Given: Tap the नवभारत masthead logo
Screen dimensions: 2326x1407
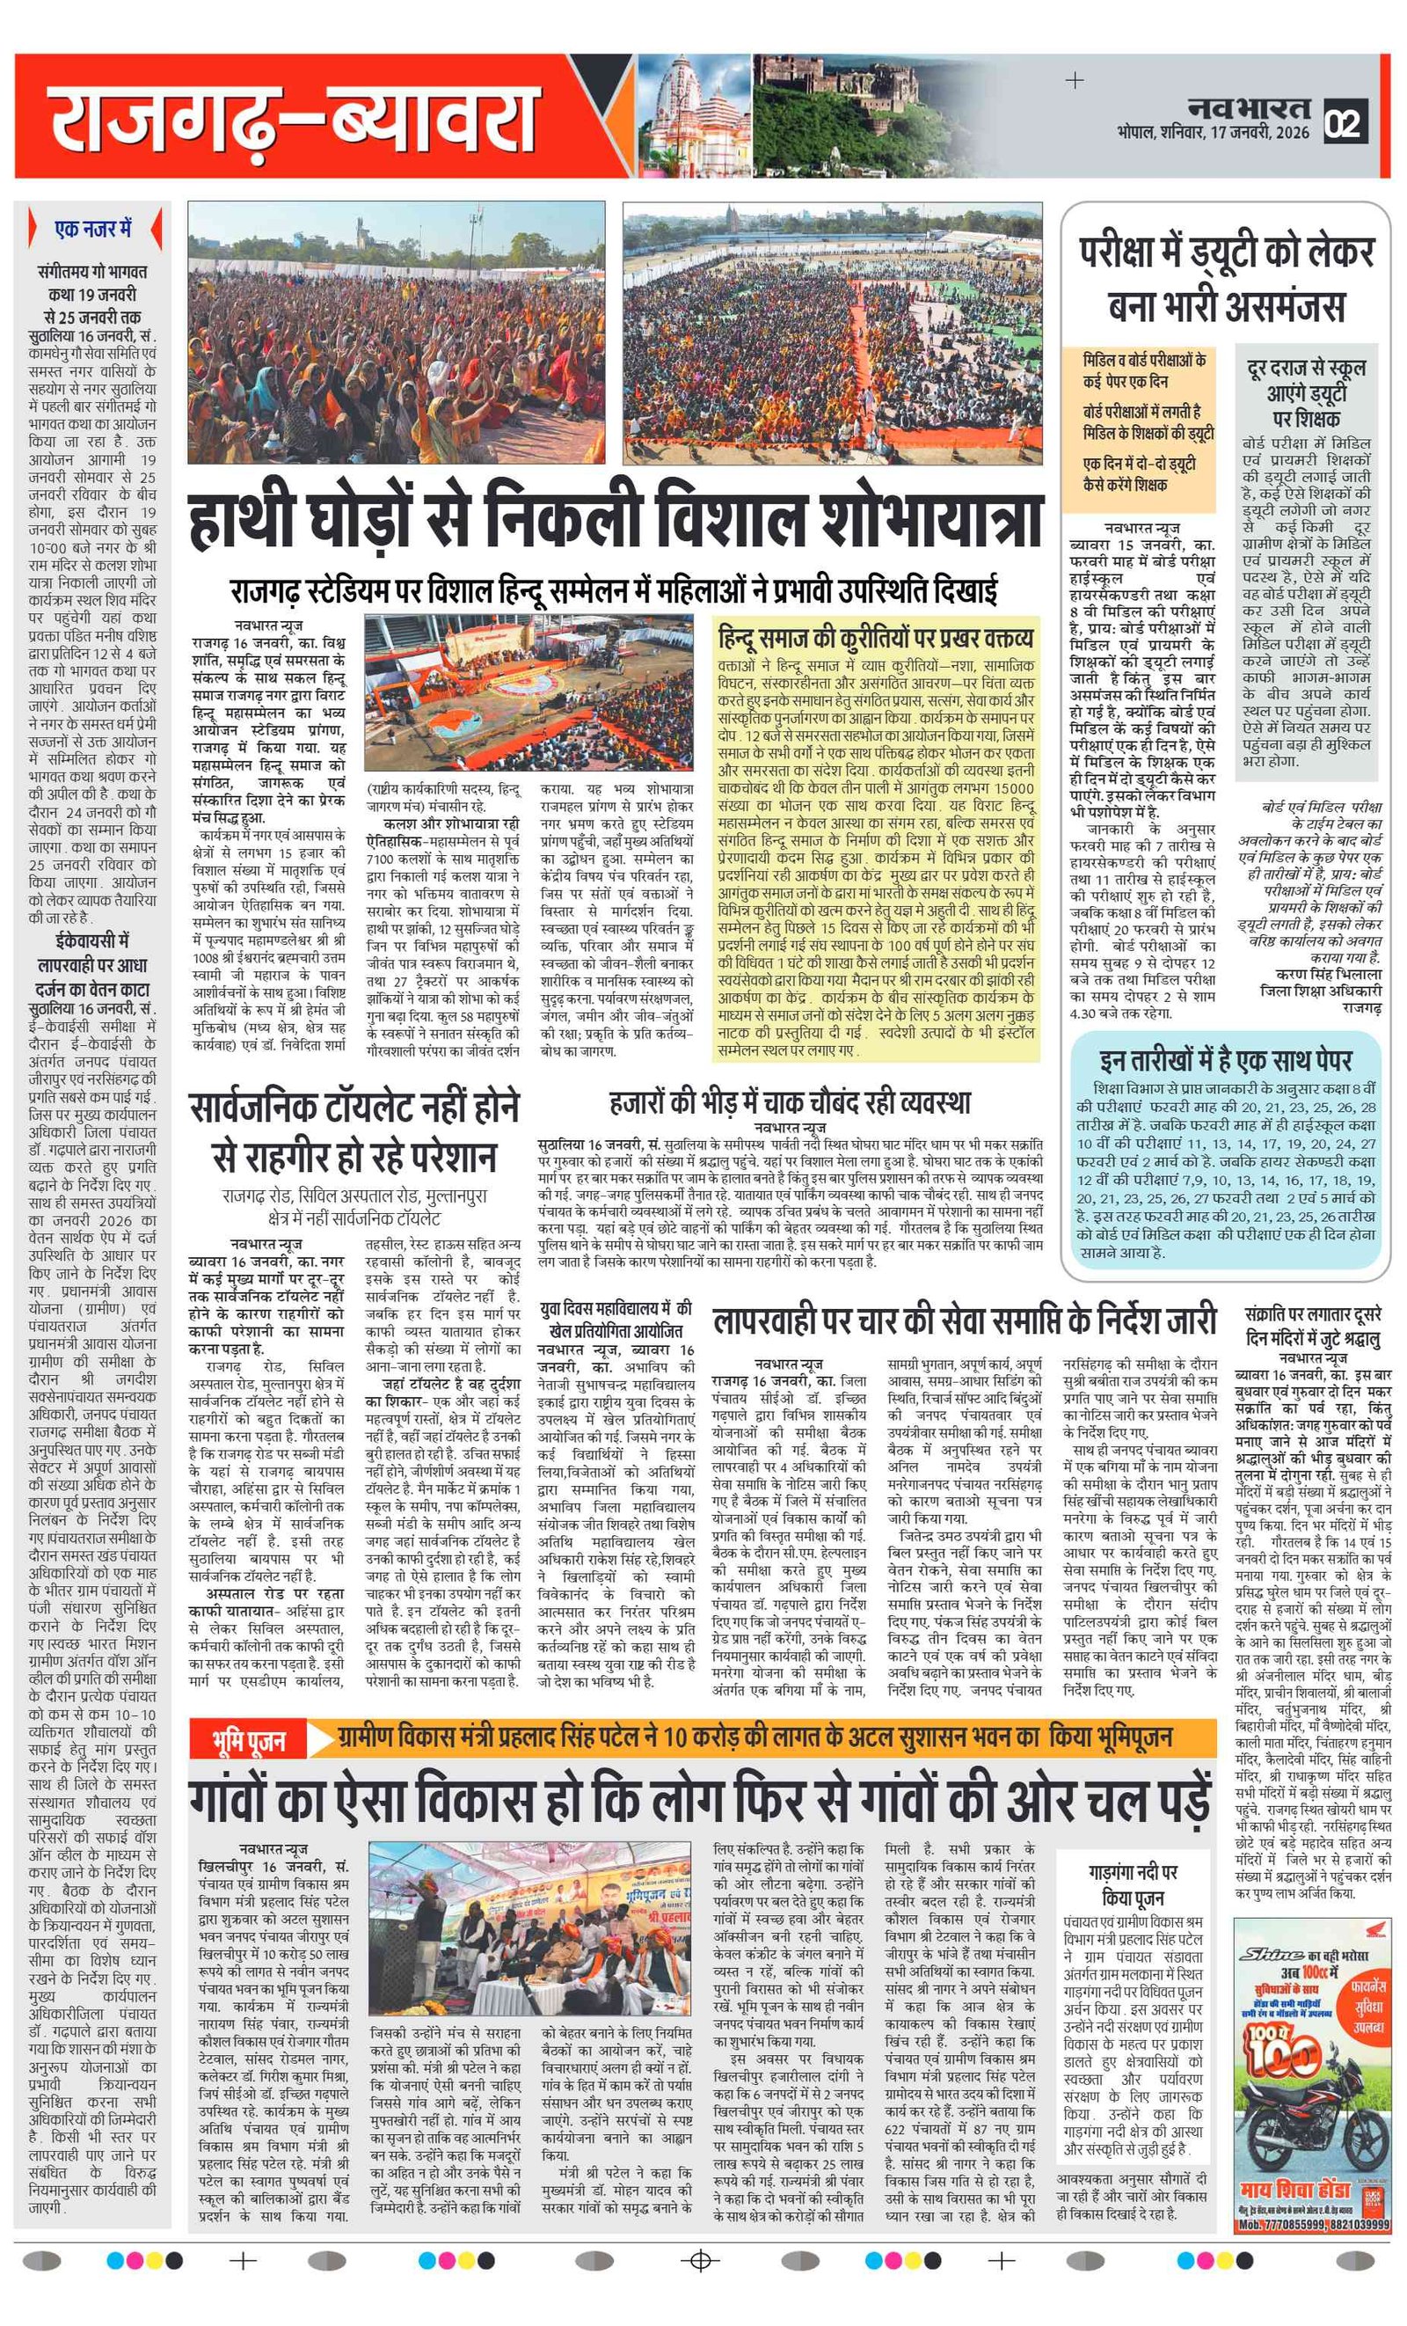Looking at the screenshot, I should coord(1249,107).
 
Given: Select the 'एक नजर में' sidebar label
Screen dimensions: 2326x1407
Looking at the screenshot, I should coord(92,229).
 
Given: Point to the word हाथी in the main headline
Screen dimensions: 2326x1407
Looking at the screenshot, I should coord(248,521).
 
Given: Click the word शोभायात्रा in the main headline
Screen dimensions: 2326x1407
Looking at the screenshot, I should coord(929,521).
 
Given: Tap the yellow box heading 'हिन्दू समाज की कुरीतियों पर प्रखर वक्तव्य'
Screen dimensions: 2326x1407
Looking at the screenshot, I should coord(875,639).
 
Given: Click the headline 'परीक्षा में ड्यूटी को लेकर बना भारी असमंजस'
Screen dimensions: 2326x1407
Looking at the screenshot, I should coord(1225,280).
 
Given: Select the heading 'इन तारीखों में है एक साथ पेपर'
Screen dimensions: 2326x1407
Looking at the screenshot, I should coord(1225,1059).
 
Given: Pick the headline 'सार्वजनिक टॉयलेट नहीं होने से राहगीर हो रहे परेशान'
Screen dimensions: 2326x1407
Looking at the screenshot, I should coord(354,1132).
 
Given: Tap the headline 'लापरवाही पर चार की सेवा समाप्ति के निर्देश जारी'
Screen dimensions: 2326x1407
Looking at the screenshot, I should coord(964,1320).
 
